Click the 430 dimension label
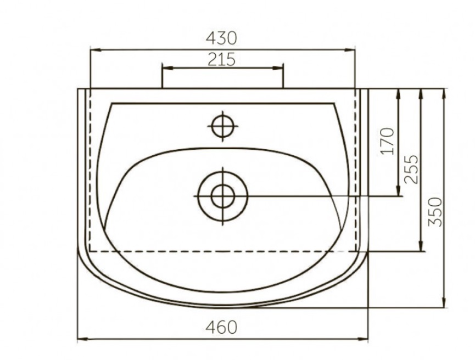(x=221, y=38)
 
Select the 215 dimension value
(x=221, y=59)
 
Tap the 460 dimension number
(x=221, y=327)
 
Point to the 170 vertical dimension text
(x=388, y=142)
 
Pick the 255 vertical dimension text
(x=411, y=169)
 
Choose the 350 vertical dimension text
(x=435, y=212)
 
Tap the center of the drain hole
(x=223, y=196)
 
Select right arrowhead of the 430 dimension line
(x=350, y=49)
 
